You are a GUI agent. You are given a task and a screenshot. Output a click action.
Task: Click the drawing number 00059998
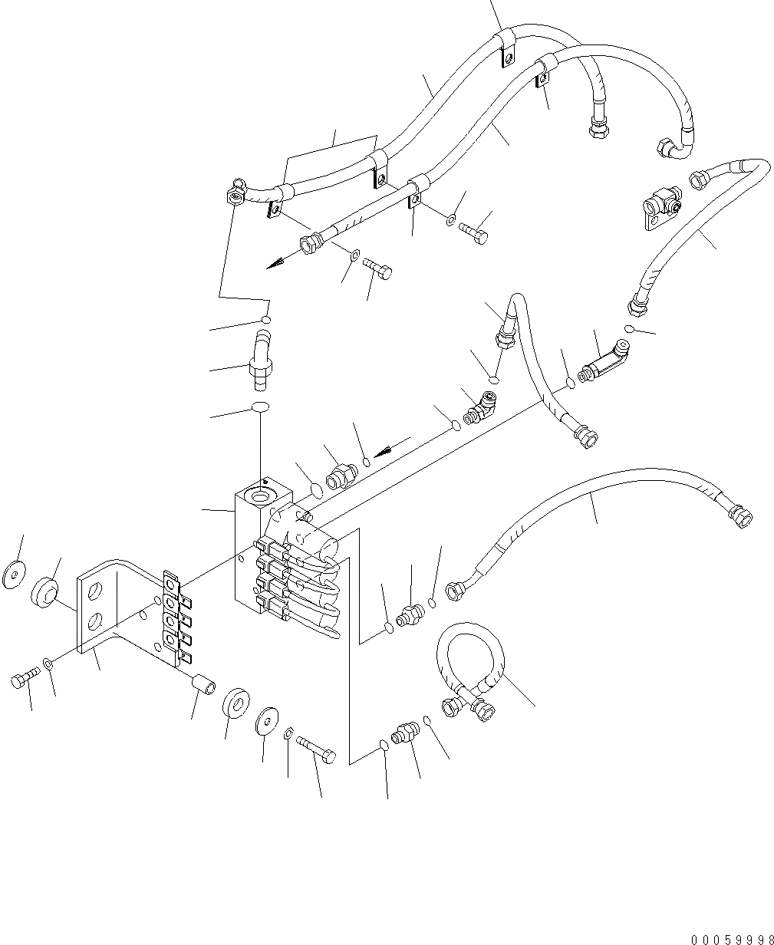pos(731,938)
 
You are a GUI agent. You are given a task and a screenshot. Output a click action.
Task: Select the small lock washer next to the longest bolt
pos(288,734)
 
